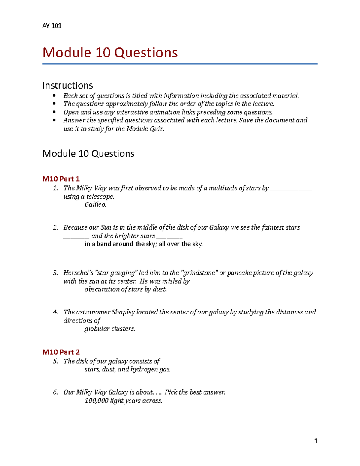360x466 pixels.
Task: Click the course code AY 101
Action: (52, 26)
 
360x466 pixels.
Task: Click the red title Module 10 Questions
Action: (110, 53)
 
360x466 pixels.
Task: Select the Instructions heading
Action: (67, 85)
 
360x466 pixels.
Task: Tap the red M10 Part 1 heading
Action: (61, 179)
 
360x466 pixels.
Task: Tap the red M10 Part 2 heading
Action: (61, 352)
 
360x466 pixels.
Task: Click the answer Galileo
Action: (95, 205)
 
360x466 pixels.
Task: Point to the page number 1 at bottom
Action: (316, 441)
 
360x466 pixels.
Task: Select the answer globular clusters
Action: (109, 329)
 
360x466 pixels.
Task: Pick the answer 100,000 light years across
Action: (123, 401)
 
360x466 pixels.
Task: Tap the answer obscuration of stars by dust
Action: (125, 289)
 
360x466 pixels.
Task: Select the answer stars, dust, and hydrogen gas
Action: (127, 369)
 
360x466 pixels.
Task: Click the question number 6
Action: (55, 392)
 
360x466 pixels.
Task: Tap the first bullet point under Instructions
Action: (54, 96)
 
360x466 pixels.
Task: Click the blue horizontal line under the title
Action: (180, 64)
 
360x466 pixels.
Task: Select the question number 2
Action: (55, 227)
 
